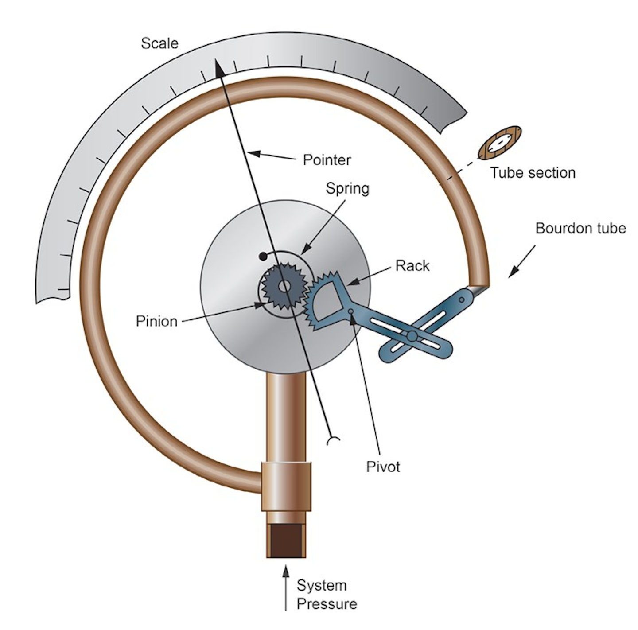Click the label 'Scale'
click(x=159, y=43)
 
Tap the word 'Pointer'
click(x=327, y=160)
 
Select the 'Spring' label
click(x=347, y=188)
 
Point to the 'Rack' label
click(x=412, y=266)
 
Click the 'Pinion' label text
click(x=156, y=321)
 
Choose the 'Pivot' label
click(x=383, y=467)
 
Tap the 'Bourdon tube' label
click(x=580, y=229)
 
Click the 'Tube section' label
click(x=533, y=173)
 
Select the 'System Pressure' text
click(x=327, y=595)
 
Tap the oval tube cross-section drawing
click(x=499, y=143)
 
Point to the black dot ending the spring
click(x=263, y=256)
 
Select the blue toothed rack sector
click(x=326, y=301)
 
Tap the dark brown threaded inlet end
click(x=286, y=541)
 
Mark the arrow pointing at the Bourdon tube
click(x=521, y=261)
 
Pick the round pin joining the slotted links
click(x=412, y=335)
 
